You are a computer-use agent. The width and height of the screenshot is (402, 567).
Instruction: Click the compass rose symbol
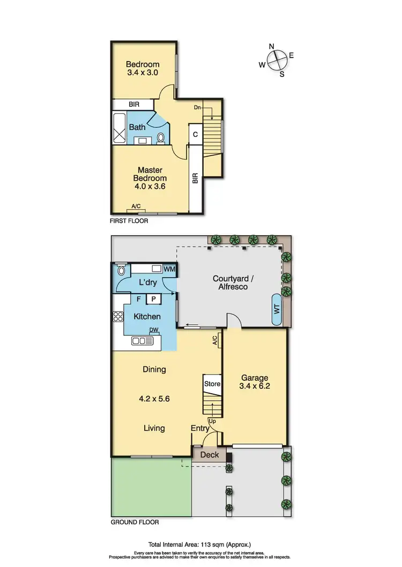tap(277, 59)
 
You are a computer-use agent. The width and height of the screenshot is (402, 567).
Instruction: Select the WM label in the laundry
tap(170, 269)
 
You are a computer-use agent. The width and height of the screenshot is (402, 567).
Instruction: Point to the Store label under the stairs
tap(212, 384)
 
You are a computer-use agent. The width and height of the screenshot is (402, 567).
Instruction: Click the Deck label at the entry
tap(210, 455)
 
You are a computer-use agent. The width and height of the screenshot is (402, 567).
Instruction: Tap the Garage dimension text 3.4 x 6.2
tap(255, 386)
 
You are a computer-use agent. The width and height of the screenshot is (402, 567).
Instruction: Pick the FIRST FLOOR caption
tap(129, 220)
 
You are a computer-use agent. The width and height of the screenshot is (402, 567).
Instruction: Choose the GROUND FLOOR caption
tap(135, 522)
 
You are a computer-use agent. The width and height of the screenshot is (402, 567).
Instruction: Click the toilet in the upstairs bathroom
tap(161, 138)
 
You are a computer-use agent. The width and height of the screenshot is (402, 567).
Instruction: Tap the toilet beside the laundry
tap(121, 270)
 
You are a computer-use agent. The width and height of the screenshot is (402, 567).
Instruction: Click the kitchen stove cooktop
tap(118, 317)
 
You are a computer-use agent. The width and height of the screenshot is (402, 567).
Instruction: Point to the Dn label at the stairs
tap(198, 108)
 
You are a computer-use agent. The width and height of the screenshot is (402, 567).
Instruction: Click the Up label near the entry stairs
tap(213, 421)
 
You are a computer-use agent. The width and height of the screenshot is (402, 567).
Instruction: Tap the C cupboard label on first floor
tap(196, 134)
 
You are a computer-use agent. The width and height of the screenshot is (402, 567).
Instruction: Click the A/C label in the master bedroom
tap(137, 206)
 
